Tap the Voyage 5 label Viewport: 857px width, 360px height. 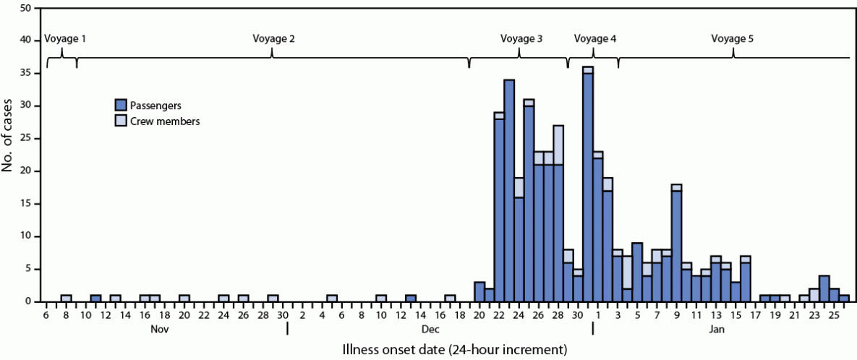pos(732,38)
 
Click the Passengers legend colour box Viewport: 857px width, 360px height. pos(121,106)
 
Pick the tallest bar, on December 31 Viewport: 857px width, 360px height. pos(588,185)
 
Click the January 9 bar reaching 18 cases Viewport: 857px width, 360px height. pos(676,246)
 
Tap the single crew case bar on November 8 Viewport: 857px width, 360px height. pos(66,298)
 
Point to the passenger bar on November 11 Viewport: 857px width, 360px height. pos(95,298)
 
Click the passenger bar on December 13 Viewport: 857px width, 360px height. pos(411,298)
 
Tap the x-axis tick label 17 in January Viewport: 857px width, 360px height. pos(754,314)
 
